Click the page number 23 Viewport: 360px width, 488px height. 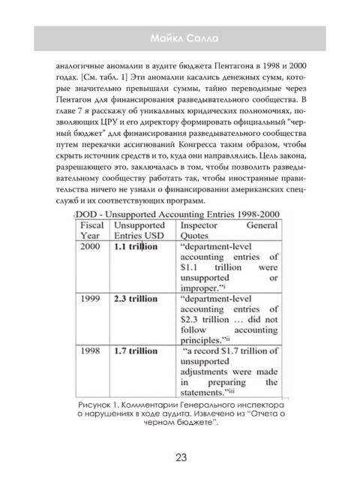(180, 457)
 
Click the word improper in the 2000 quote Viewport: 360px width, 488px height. (205, 308)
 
